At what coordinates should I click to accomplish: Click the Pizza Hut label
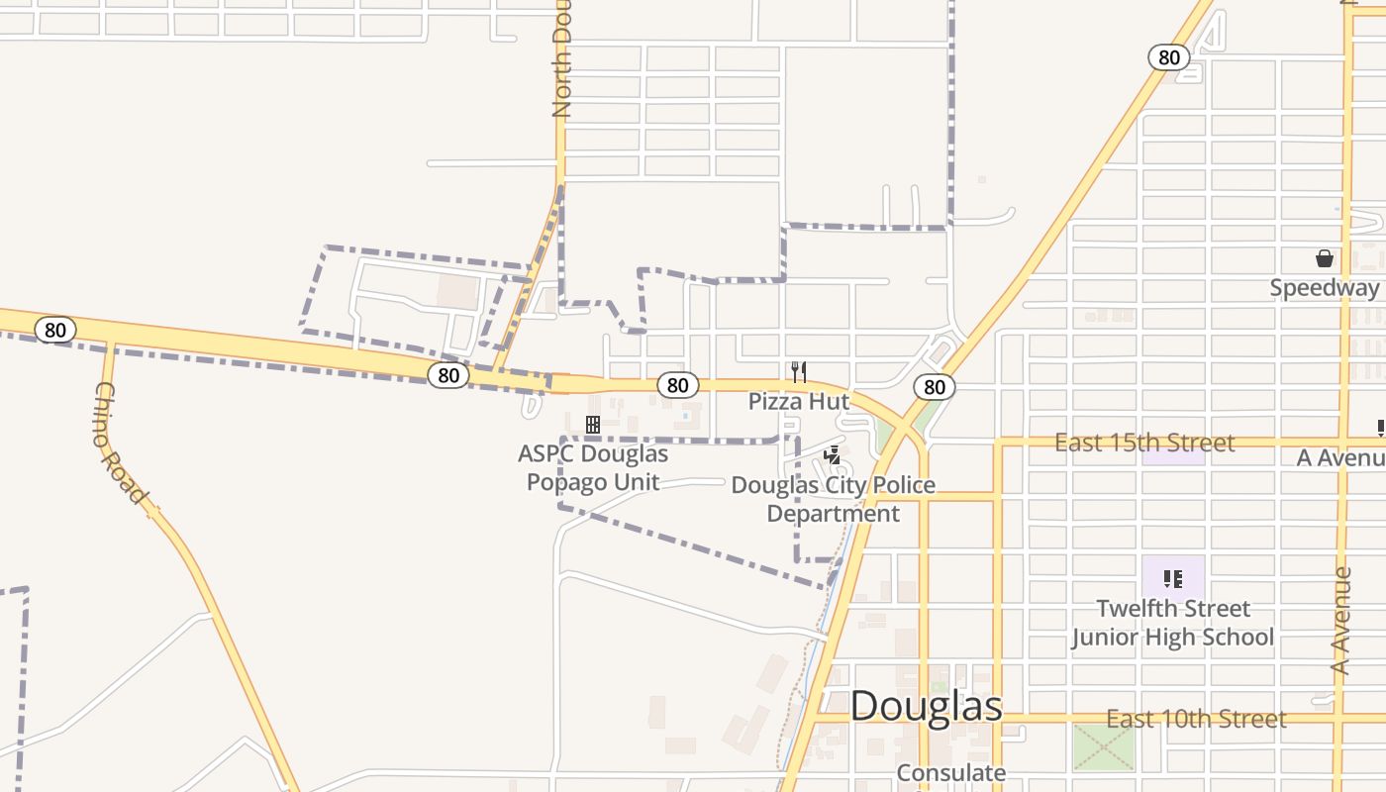[x=799, y=401]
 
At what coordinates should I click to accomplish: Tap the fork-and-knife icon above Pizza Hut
[x=799, y=372]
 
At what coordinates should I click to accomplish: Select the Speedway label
[x=1325, y=288]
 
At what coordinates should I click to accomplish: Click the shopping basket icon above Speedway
[x=1325, y=259]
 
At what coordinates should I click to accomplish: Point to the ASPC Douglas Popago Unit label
[x=593, y=468]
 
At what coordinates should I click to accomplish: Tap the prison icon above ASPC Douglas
[x=593, y=425]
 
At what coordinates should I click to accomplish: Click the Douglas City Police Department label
[x=833, y=500]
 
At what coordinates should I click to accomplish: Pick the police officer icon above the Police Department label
[x=834, y=455]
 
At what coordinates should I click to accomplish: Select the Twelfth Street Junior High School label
[x=1173, y=623]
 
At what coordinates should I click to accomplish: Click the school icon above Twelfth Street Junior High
[x=1173, y=578]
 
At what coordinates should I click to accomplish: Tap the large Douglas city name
[x=926, y=706]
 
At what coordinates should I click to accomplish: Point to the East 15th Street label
[x=1144, y=443]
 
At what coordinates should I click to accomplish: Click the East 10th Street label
[x=1196, y=719]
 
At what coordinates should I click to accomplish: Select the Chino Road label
[x=120, y=442]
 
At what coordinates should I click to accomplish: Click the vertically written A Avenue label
[x=1341, y=621]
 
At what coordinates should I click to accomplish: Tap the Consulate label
[x=951, y=772]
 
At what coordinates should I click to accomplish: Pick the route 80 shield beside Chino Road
[x=55, y=330]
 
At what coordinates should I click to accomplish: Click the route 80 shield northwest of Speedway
[x=1169, y=57]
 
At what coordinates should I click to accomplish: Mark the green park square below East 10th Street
[x=1103, y=747]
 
